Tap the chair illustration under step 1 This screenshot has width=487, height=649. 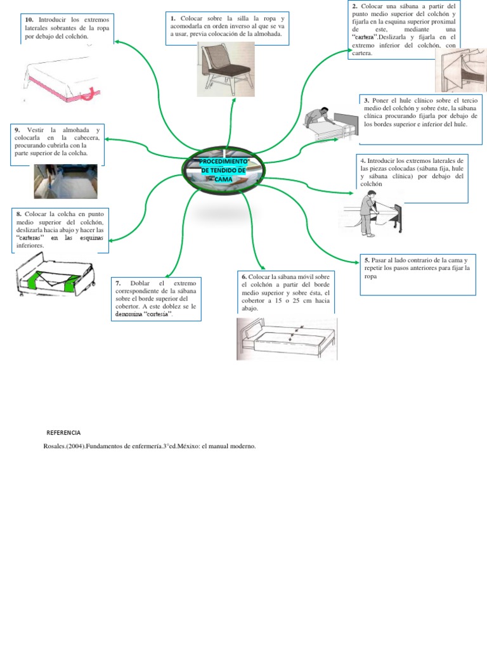(224, 70)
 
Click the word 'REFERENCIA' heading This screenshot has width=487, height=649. (63, 433)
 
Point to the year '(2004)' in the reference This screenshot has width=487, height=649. (75, 446)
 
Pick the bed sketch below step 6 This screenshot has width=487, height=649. (287, 339)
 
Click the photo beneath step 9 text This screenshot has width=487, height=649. (65, 181)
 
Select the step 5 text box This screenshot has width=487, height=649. (417, 275)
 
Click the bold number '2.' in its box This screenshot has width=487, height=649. (355, 6)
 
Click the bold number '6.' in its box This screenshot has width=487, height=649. (244, 277)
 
